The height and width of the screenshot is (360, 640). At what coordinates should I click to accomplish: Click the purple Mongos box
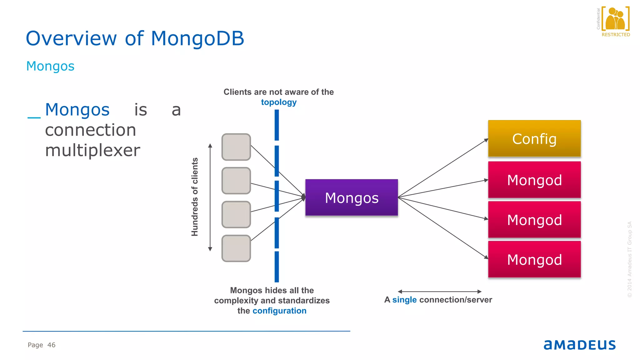tap(352, 197)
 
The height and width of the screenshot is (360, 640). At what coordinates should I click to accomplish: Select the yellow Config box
tap(534, 138)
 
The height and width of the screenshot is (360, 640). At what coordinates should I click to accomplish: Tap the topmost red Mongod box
tap(534, 180)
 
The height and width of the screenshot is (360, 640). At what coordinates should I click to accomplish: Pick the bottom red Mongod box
tap(534, 259)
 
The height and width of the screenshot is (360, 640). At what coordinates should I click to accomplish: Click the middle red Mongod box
tap(534, 220)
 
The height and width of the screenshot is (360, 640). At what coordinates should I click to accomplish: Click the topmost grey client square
tap(236, 147)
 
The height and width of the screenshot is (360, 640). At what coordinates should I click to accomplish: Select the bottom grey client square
tap(236, 248)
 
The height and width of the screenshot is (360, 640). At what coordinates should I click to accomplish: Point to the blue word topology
tap(279, 102)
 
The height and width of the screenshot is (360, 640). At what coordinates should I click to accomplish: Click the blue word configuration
tap(279, 311)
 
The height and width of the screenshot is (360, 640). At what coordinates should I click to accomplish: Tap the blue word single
tap(404, 300)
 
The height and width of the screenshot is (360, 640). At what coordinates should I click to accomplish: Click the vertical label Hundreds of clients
tap(195, 197)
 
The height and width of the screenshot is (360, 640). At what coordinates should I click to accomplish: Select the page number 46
tap(51, 345)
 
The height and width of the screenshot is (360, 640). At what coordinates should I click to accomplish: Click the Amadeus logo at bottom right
tap(579, 345)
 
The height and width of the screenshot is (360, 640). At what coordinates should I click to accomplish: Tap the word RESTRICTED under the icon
tap(616, 35)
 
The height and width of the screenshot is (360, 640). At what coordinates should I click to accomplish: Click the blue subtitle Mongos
tap(50, 66)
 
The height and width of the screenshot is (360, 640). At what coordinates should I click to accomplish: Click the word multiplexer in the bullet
tap(92, 150)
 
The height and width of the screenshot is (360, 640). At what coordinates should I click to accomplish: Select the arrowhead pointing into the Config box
tap(486, 140)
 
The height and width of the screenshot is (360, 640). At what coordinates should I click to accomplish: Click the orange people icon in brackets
tap(615, 19)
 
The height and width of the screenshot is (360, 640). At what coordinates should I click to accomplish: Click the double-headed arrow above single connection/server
tap(439, 292)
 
